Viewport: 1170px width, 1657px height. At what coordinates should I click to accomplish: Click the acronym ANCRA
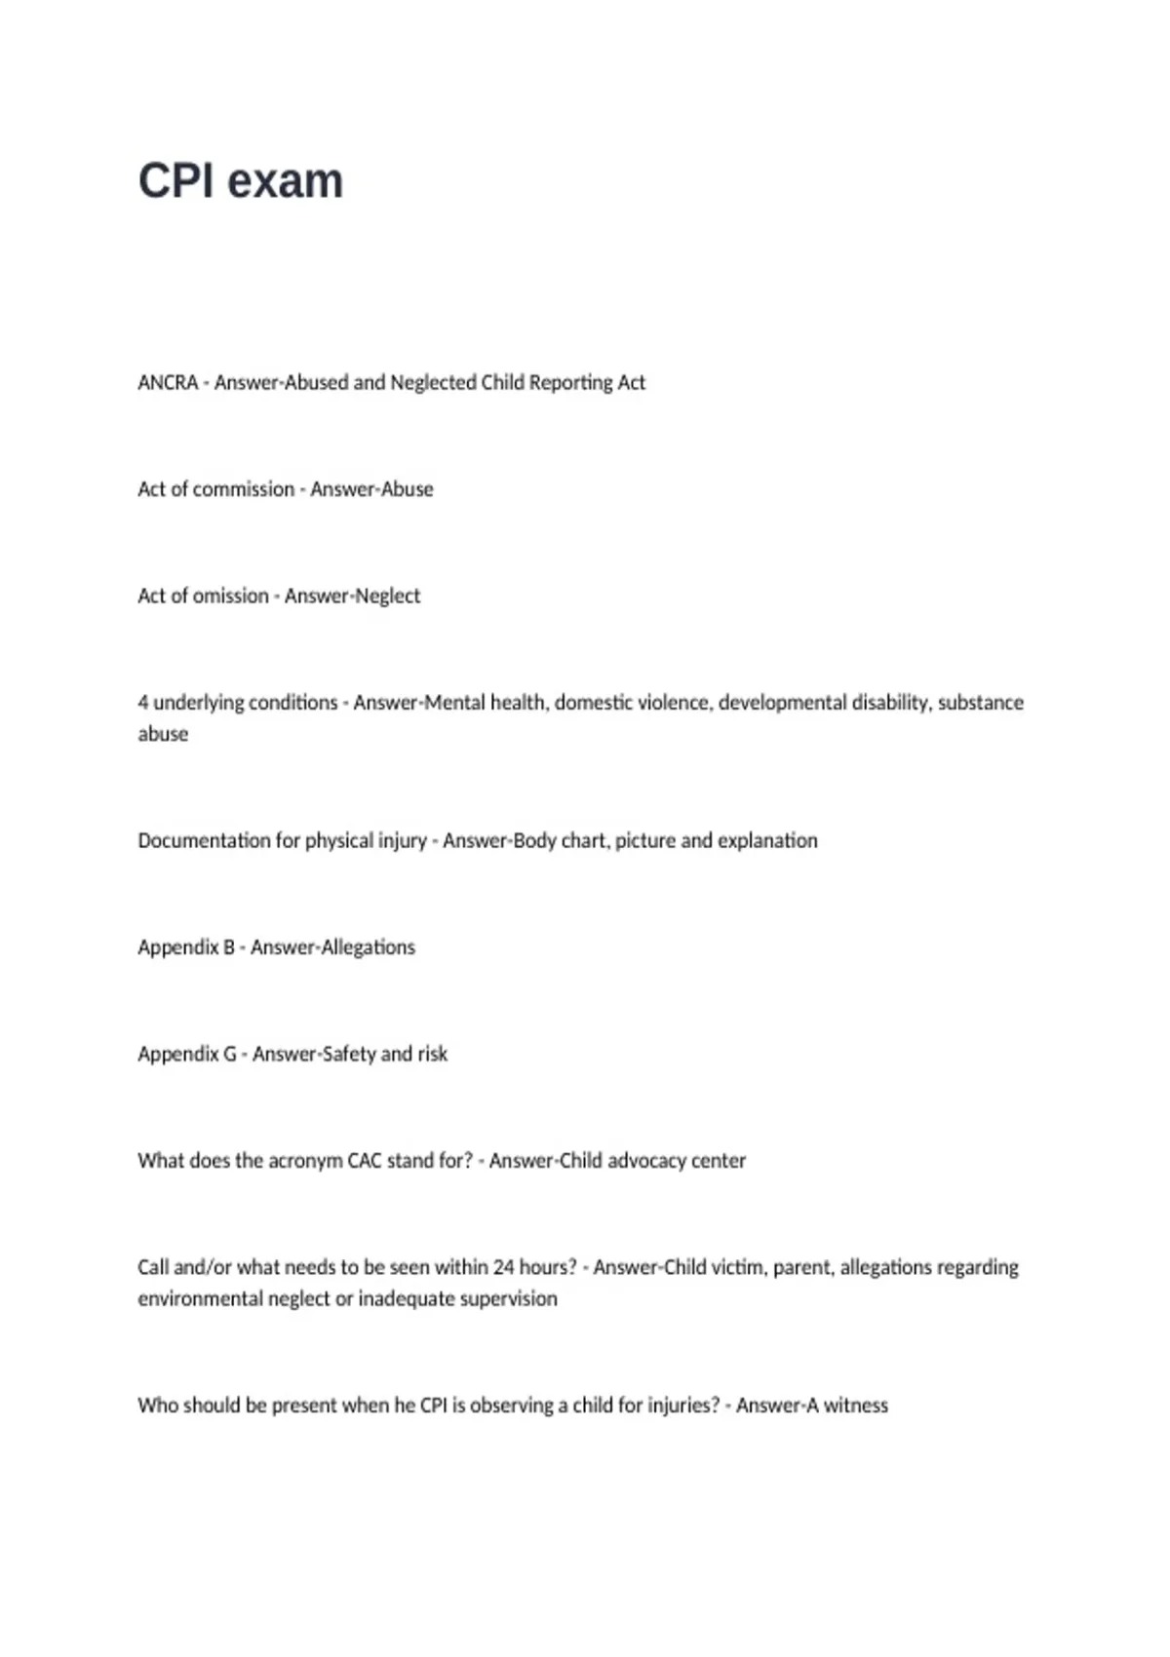[x=168, y=383]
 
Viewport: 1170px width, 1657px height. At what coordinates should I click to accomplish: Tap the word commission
[x=244, y=489]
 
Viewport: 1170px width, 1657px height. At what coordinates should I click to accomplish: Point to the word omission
[x=230, y=596]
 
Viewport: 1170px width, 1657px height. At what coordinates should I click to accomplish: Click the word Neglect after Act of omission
[x=388, y=596]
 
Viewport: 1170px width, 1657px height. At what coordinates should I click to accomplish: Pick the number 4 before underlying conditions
[x=143, y=703]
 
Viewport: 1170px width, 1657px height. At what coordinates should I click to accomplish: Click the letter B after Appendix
[x=229, y=947]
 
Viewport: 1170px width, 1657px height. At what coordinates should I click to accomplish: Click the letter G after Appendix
[x=230, y=1054]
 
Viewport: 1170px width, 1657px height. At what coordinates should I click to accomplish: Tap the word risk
[x=432, y=1054]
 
